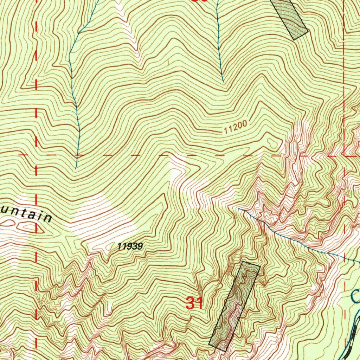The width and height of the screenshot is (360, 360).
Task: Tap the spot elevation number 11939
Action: coord(130,246)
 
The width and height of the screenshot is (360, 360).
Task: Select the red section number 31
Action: coord(194,303)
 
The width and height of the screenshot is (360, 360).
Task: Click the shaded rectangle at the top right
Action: coord(290,18)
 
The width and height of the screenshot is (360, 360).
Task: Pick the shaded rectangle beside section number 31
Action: coord(234,306)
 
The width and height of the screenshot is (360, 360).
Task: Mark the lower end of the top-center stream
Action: coord(223,82)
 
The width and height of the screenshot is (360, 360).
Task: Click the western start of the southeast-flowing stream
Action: coord(238,209)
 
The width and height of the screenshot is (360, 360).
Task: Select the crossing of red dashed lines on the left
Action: coord(36,155)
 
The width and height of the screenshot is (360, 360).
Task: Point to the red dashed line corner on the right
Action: coord(345,155)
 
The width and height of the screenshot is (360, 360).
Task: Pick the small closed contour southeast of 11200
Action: coord(272,142)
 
